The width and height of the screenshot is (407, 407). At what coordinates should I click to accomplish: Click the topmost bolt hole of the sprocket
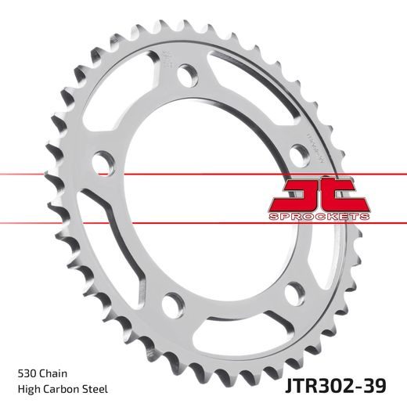click(x=187, y=75)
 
